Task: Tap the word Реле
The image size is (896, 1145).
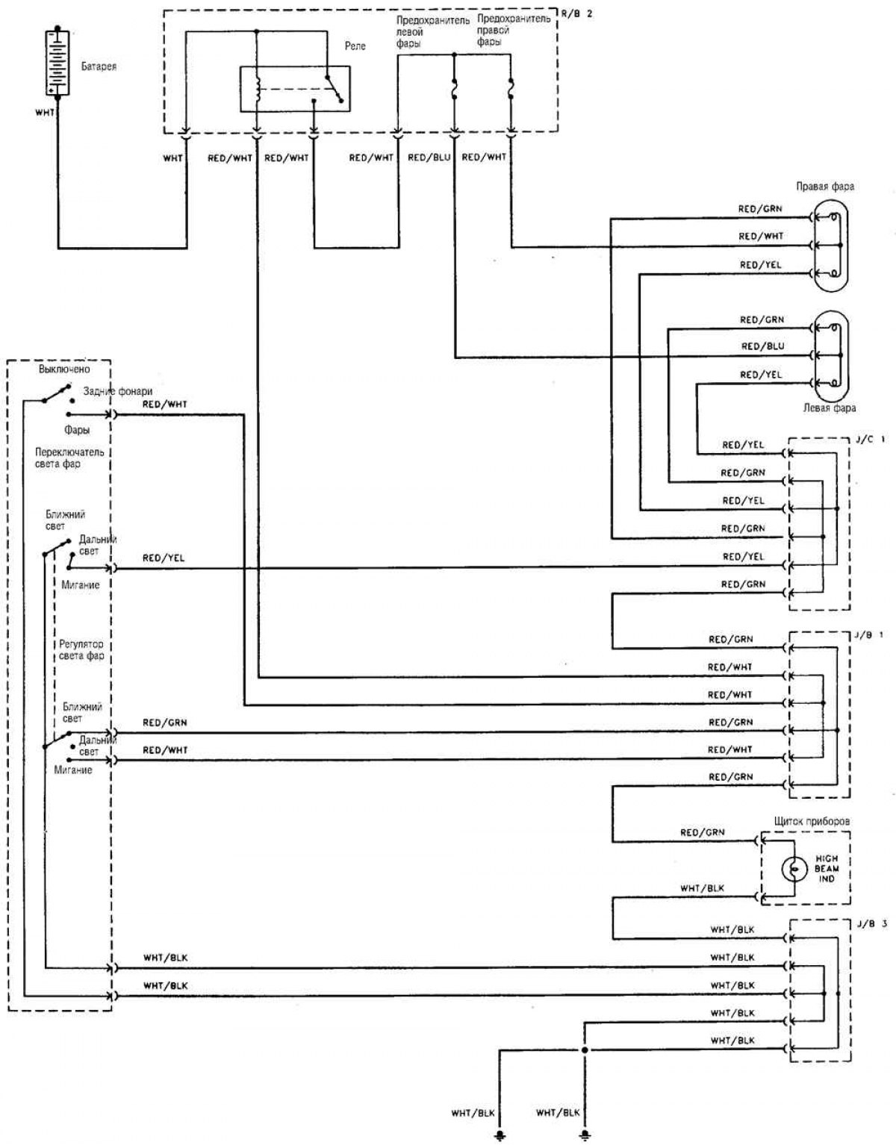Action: point(355,46)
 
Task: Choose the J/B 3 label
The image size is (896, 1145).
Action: point(871,923)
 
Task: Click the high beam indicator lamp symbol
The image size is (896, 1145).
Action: point(793,868)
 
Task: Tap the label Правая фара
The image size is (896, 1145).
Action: point(824,186)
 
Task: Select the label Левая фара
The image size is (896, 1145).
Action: point(829,408)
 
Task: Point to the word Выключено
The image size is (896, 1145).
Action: point(64,369)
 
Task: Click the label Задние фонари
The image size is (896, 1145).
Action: point(118,391)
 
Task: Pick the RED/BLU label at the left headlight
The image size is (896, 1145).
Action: point(762,346)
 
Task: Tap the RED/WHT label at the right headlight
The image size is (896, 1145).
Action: point(761,236)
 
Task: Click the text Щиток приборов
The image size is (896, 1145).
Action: point(812,821)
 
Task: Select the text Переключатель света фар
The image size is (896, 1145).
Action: point(69,458)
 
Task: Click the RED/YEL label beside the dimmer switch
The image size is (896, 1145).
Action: point(164,558)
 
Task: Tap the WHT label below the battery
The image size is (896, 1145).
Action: point(45,113)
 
